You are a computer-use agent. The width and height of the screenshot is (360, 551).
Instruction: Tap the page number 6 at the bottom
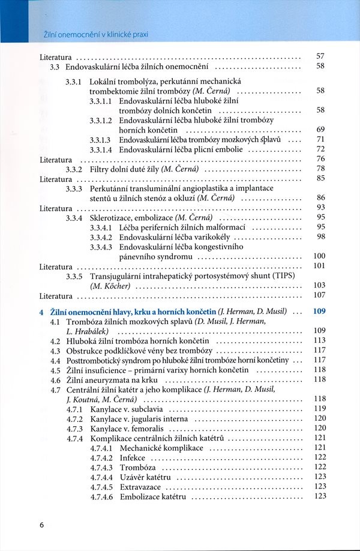(42, 525)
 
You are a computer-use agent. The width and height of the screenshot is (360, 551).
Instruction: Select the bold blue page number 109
(319, 312)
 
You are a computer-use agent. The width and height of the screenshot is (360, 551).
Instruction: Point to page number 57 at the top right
(320, 56)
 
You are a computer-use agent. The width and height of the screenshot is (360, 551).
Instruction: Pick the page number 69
(320, 130)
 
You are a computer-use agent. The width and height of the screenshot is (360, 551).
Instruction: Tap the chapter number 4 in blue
(41, 312)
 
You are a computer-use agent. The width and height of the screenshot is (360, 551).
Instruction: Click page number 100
(319, 256)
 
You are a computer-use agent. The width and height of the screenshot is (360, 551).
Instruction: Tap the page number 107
(319, 295)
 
